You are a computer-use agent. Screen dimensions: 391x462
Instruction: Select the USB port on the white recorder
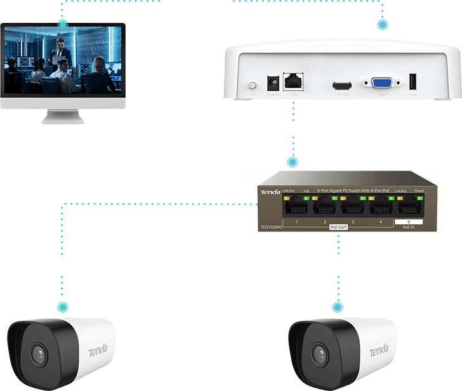413,82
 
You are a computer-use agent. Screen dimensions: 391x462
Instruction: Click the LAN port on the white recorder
293,81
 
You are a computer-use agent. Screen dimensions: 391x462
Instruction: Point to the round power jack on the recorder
274,83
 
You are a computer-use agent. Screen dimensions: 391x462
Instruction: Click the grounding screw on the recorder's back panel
252,85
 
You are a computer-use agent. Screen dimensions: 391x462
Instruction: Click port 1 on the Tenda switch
296,207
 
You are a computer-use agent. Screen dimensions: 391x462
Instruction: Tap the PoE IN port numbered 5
408,207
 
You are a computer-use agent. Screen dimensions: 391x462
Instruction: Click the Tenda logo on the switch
270,191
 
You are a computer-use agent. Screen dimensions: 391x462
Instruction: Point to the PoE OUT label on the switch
339,226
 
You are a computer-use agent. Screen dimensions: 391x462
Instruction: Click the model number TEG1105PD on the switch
271,226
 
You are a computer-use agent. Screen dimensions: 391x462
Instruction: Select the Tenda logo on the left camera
97,349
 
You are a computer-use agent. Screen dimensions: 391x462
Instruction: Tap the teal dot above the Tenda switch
293,162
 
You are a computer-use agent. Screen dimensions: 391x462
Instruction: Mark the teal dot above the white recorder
382,25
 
